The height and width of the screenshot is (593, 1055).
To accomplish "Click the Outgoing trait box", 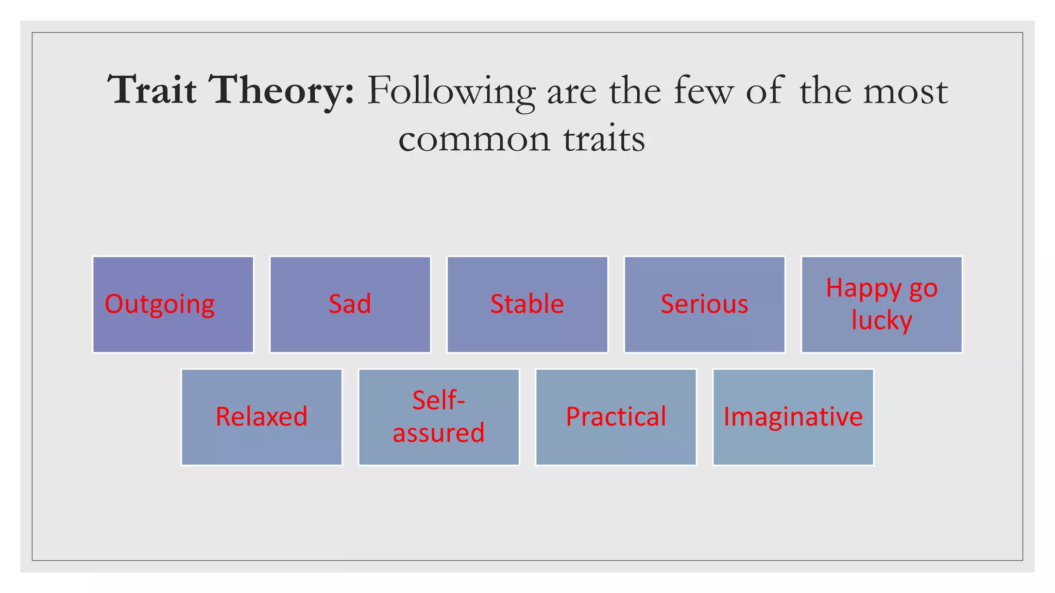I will point(173,304).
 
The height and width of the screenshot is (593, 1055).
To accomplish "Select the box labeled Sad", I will point(350,304).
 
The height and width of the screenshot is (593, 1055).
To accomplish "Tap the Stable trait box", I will point(527,304).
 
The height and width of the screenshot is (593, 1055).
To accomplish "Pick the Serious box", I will point(704,304).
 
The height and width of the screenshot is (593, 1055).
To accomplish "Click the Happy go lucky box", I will point(881,304).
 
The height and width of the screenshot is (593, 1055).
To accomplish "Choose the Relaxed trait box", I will point(262,417).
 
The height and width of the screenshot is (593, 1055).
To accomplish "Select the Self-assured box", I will point(439,417).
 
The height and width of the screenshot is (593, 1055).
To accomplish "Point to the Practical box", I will point(616,417).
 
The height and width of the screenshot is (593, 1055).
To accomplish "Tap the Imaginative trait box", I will point(793,417).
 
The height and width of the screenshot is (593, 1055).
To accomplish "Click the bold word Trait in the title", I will point(152,91).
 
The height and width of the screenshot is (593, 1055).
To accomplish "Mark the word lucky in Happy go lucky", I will point(881,321).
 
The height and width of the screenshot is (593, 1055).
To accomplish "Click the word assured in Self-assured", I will point(439,433).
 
